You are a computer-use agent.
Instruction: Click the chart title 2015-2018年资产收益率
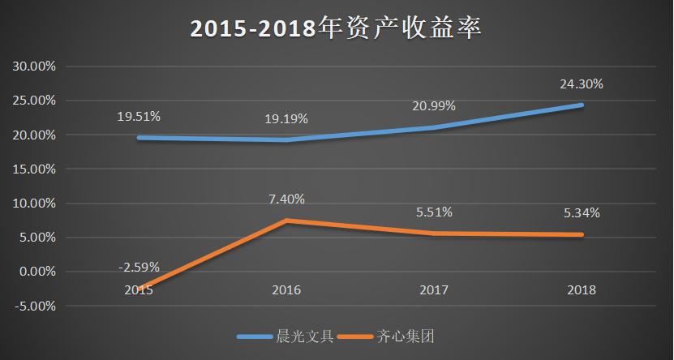336,28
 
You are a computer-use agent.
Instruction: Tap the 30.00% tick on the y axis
33,66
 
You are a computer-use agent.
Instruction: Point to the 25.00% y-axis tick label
33,101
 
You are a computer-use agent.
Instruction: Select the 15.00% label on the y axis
33,169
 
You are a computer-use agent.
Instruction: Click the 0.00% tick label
36,272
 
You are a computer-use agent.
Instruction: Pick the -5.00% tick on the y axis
33,306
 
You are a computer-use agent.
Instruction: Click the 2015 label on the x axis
138,289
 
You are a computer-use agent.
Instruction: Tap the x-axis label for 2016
286,289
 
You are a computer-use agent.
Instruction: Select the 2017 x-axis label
435,289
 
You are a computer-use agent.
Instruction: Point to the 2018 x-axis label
582,289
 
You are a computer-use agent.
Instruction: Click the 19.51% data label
139,117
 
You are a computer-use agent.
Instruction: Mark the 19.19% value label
286,119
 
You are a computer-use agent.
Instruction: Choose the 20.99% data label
434,106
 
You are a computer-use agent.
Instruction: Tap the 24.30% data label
582,84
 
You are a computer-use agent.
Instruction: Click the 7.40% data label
286,199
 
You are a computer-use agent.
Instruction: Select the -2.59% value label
139,267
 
